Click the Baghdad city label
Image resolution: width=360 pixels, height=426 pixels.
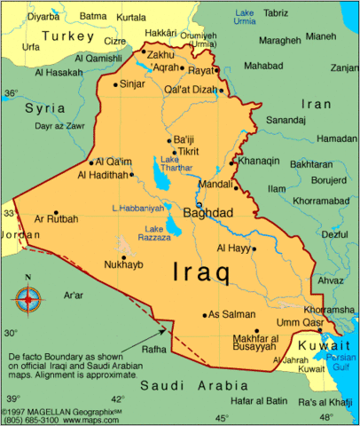coord(207,213)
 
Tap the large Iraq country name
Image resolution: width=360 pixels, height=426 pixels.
coord(201,271)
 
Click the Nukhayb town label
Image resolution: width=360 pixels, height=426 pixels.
coord(124,264)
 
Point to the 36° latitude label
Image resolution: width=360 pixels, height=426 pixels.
coord(11,92)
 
